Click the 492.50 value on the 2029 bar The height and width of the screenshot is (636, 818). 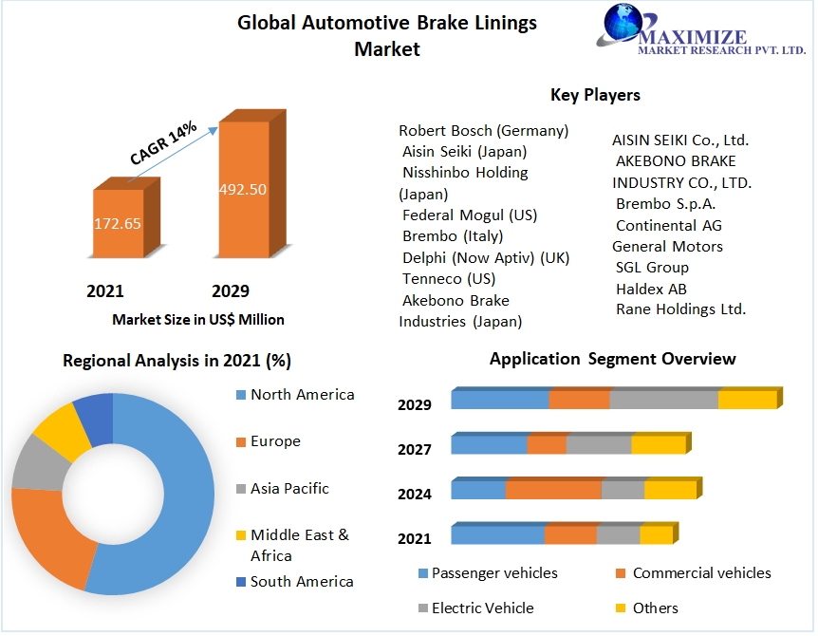point(243,189)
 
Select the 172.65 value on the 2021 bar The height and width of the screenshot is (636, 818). point(117,224)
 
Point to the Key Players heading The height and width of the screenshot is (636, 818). point(595,95)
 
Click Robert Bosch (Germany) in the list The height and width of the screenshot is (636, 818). point(483,130)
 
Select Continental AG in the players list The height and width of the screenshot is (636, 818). point(668,225)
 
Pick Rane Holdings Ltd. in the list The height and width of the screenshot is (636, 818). point(680,309)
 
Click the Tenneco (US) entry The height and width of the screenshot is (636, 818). point(448,278)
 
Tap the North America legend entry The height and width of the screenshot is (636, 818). point(302,395)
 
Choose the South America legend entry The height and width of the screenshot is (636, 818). point(301,581)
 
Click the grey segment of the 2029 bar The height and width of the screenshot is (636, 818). point(663,399)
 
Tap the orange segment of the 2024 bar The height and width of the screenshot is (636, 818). point(553,490)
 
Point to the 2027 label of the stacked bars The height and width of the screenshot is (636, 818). point(415,449)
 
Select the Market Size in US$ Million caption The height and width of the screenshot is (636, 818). point(198,320)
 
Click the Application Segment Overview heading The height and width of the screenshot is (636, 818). point(612,359)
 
